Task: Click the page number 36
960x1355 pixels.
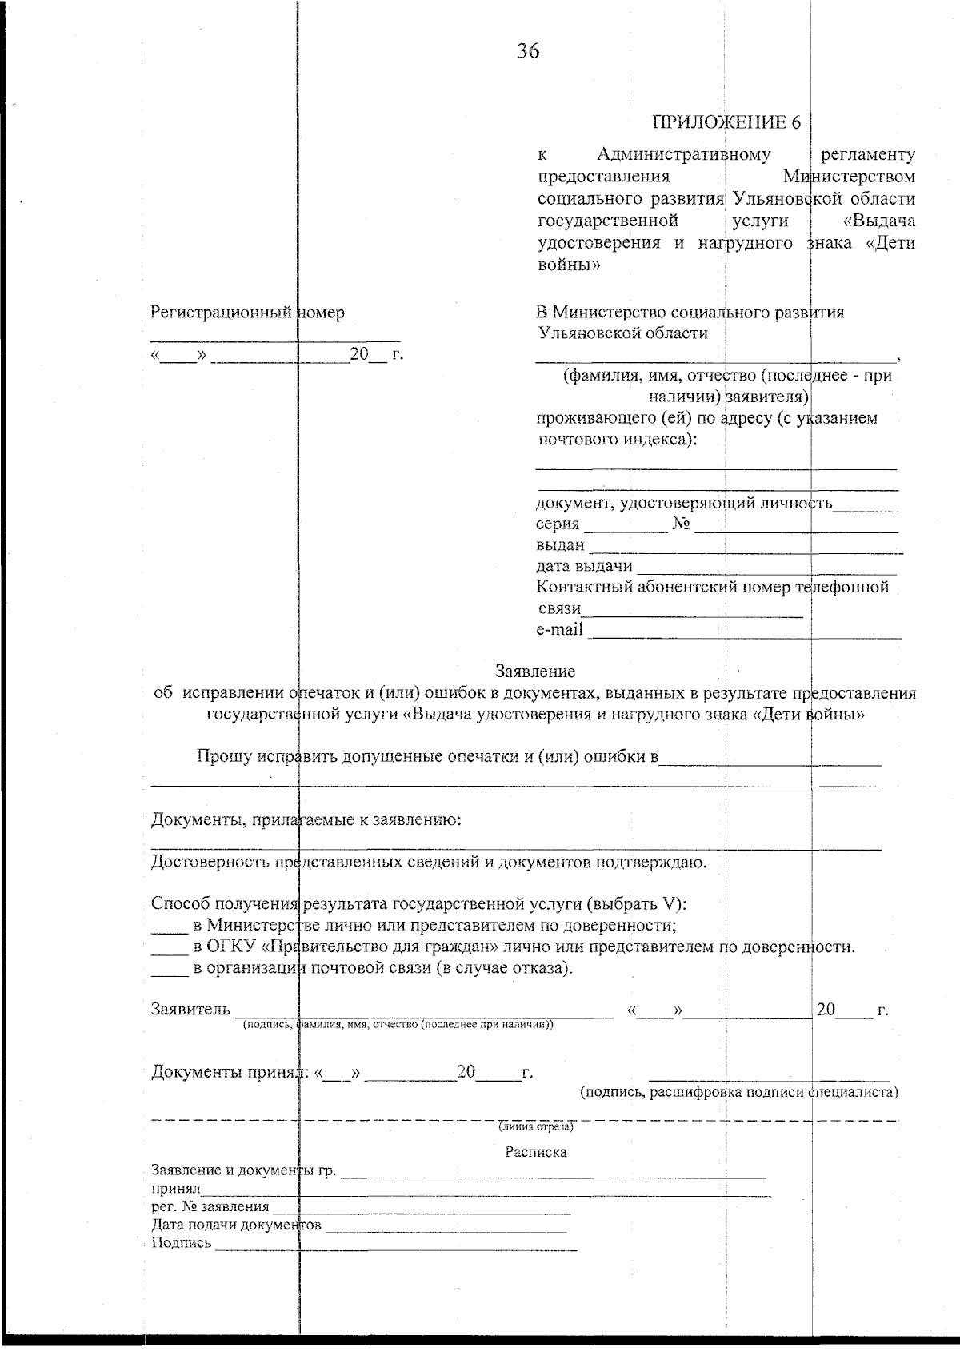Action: [x=528, y=52]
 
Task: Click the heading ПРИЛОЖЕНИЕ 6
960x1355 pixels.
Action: [x=726, y=122]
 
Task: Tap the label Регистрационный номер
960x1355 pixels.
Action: [x=247, y=313]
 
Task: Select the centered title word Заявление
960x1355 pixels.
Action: [x=534, y=671]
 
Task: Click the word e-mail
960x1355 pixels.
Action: [x=559, y=630]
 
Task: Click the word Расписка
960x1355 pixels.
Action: [x=535, y=1152]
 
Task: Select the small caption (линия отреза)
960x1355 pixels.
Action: [x=535, y=1127]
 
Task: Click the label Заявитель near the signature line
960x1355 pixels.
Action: [x=190, y=1010]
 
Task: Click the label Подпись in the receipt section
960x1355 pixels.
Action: [x=182, y=1242]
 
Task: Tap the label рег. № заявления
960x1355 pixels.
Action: [x=210, y=1207]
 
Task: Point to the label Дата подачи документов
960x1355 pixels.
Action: [x=236, y=1225]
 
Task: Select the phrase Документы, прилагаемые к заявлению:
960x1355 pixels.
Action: [x=306, y=820]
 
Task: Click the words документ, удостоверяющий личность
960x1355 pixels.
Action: [x=684, y=503]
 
